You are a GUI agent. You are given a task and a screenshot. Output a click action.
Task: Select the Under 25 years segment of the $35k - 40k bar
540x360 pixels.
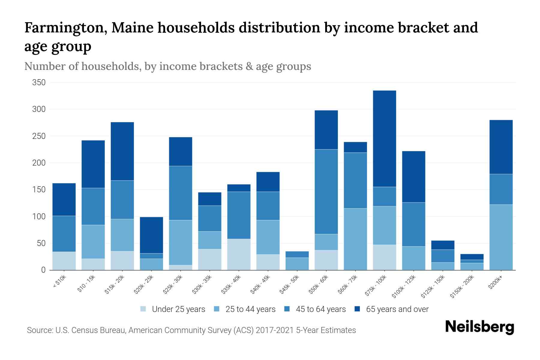tap(239, 254)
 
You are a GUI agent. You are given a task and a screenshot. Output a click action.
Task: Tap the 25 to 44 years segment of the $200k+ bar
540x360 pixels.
tap(501, 237)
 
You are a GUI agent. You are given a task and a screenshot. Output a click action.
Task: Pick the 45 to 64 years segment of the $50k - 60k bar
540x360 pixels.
tap(326, 192)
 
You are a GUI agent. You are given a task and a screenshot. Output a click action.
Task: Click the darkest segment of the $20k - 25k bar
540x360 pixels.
tap(151, 235)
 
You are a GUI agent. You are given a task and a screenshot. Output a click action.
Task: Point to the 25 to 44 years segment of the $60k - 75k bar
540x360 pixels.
tap(355, 239)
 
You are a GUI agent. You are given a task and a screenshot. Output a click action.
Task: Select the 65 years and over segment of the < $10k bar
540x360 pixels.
tap(64, 199)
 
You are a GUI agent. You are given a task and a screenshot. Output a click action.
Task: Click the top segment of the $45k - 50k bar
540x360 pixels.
tap(297, 254)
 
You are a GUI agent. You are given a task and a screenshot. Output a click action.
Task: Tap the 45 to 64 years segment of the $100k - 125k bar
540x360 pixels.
tap(413, 224)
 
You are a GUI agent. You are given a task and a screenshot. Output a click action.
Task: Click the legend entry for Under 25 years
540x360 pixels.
tap(178, 309)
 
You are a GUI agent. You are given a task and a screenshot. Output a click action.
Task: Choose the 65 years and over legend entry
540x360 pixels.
tap(397, 309)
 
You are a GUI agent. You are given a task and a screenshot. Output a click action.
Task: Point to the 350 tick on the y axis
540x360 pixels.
tap(39, 82)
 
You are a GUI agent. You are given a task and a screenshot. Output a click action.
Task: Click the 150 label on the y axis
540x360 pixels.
tap(39, 190)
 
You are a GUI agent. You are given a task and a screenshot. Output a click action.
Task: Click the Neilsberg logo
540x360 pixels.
tap(479, 327)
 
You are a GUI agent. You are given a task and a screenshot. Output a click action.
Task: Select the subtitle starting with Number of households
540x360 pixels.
tap(167, 66)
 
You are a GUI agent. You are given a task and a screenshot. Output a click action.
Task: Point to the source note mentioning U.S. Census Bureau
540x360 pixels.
tap(191, 330)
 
